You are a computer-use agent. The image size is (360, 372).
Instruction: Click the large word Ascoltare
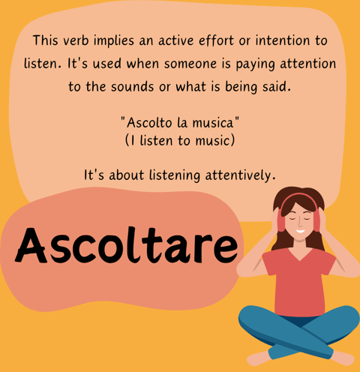pos(127,245)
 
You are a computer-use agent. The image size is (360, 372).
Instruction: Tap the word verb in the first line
pos(76,40)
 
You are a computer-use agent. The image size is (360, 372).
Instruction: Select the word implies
pos(114,40)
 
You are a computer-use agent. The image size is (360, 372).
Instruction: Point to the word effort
pos(217,40)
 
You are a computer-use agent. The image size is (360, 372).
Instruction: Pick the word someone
pos(190,64)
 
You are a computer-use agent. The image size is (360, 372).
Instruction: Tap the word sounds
pos(133,87)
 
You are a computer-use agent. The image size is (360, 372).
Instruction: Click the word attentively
pos(240,175)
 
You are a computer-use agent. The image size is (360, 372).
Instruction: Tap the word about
pos(126,175)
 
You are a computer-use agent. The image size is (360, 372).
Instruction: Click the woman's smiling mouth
pos(300,231)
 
